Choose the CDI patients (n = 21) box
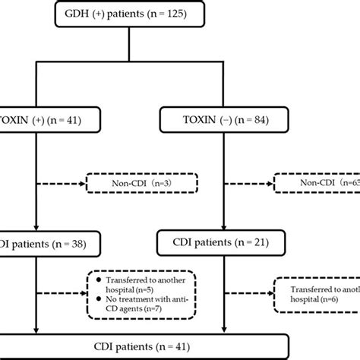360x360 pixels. pos(222,245)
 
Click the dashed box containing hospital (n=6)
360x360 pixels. pos(318,289)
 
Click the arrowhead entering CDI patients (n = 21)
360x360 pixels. pos(222,227)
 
